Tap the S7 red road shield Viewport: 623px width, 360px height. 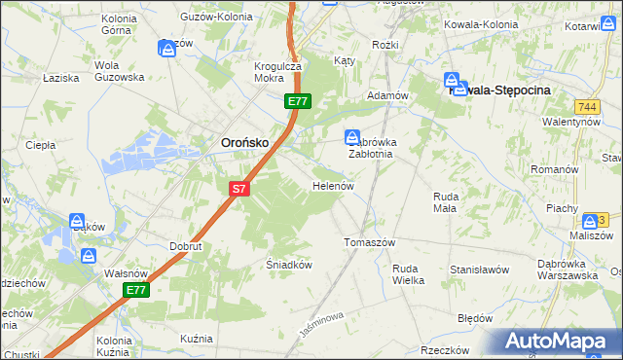(240, 190)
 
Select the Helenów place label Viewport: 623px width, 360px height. (331, 185)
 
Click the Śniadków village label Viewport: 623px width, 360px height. (288, 264)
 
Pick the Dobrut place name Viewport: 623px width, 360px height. (185, 247)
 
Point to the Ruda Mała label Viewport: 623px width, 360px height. (445, 201)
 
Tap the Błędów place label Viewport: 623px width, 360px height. (474, 318)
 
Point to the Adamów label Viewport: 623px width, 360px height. (385, 96)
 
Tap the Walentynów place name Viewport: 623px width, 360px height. (570, 122)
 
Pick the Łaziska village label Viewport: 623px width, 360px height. (59, 77)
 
